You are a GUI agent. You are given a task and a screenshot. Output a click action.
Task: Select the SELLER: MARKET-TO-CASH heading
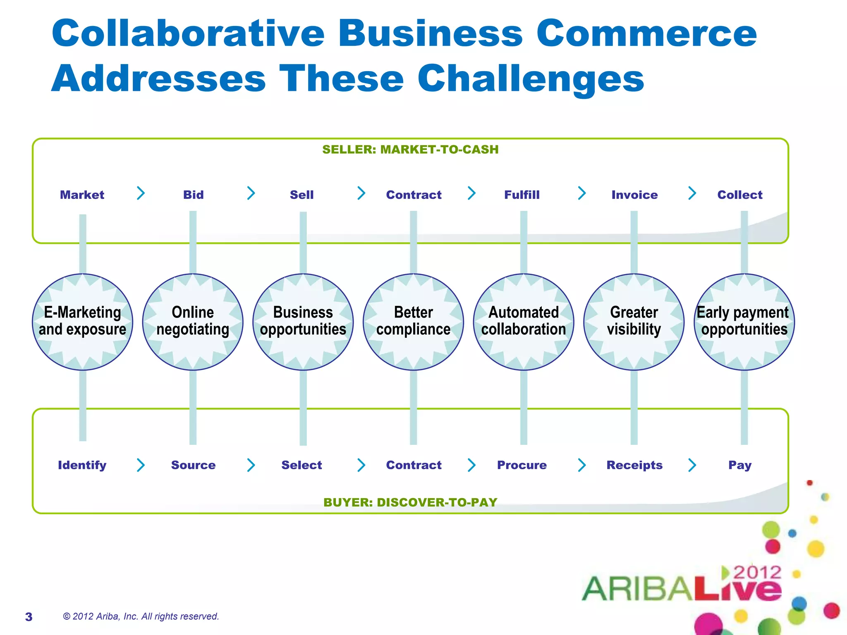click(x=410, y=149)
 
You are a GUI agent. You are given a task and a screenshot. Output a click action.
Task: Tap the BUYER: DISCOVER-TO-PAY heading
click(x=410, y=502)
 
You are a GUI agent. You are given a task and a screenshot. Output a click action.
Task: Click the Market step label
click(x=82, y=195)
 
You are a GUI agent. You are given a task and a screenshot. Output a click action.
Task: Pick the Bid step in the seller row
click(x=193, y=195)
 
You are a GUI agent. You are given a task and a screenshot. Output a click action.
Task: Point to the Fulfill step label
click(x=522, y=195)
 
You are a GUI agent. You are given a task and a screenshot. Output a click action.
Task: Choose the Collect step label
click(x=739, y=195)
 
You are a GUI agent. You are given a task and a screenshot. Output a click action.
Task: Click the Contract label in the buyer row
click(x=414, y=465)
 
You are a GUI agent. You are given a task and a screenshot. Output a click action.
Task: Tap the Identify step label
click(x=82, y=465)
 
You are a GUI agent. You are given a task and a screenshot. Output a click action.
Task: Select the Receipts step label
click(x=634, y=465)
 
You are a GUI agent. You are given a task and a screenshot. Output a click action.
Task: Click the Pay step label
click(x=739, y=465)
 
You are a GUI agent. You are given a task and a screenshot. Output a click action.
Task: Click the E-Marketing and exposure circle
click(x=82, y=322)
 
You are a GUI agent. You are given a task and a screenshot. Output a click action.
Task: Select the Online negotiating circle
click(x=193, y=322)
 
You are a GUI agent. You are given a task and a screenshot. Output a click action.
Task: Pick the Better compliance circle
click(x=413, y=322)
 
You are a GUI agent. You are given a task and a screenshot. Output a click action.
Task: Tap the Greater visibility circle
click(x=634, y=322)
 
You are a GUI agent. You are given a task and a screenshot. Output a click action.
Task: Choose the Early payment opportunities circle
click(x=744, y=322)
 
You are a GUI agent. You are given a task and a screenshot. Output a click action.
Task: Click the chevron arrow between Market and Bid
click(x=141, y=193)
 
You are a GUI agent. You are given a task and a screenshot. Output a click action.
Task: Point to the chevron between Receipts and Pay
click(x=692, y=465)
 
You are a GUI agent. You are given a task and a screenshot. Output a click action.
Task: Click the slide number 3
click(x=29, y=617)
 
